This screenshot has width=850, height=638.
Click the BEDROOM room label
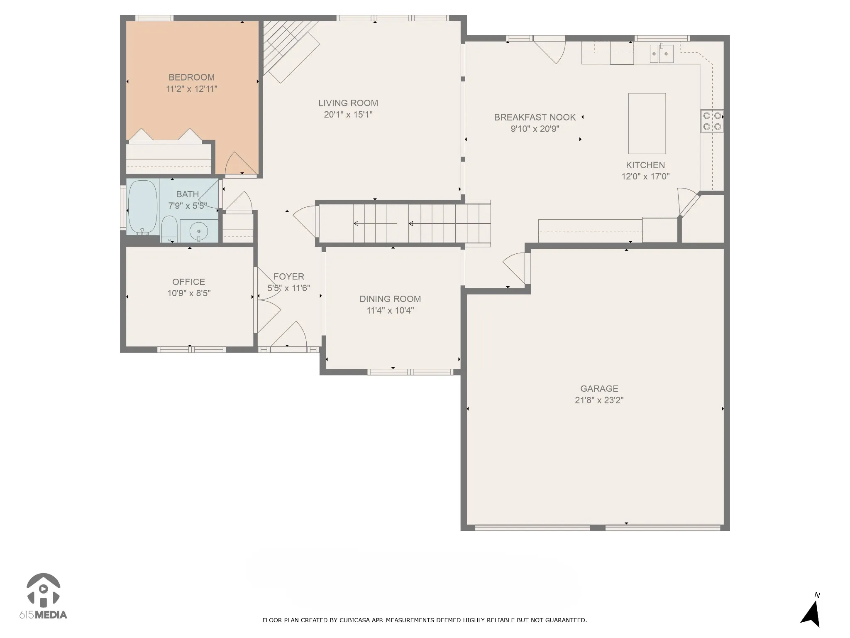pos(191,77)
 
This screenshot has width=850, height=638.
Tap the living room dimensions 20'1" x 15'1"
pos(348,115)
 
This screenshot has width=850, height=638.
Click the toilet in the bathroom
pos(169,229)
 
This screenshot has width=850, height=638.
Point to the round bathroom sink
pos(199,231)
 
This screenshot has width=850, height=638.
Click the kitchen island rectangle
pos(647,123)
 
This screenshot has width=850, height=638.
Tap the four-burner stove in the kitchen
pos(712,121)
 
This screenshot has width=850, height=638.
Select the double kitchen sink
pos(662,54)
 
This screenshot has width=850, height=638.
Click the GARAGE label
pos(599,389)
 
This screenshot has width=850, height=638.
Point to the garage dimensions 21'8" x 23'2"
pos(599,400)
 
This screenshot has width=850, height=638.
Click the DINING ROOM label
pos(390,299)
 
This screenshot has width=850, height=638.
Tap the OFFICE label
pos(189,282)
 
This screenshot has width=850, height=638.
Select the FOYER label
pos(289,277)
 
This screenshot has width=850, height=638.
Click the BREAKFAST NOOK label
pos(535,118)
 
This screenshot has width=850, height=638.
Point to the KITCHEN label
pos(645,165)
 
